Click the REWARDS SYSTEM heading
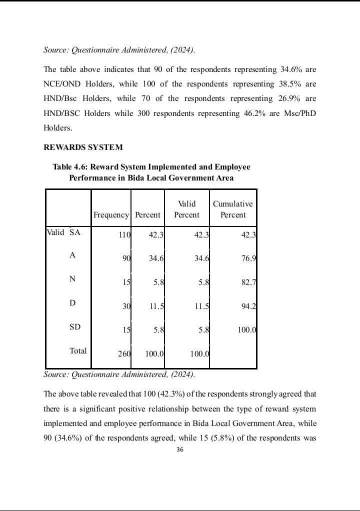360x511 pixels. point(83,147)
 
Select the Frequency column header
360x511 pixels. point(111,215)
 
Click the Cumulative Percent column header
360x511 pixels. point(233,209)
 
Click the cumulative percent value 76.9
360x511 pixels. point(248,259)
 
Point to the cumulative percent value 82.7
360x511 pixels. point(248,282)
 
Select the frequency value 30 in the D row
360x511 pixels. point(126,306)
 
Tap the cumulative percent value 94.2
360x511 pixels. point(248,306)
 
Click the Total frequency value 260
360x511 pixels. point(124,354)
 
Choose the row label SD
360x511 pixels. point(74,327)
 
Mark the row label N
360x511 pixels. point(72,279)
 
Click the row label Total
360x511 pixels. point(78,351)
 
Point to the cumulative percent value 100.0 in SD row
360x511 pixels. point(246,330)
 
